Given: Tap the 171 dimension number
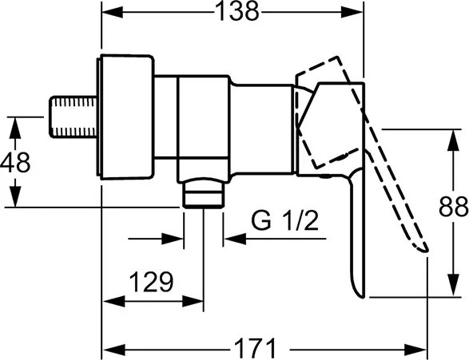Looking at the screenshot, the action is [x=255, y=348].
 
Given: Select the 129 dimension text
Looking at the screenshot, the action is [x=152, y=282].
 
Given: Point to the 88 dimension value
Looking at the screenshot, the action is [x=454, y=206].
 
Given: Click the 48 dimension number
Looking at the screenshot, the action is [x=15, y=162].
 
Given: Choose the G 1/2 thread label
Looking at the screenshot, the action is [x=284, y=220].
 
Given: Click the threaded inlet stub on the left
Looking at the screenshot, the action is [x=74, y=117].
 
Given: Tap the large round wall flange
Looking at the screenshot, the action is [x=126, y=117].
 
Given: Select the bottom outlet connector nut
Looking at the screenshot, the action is [x=204, y=192].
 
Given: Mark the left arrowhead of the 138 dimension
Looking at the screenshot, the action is [x=113, y=12].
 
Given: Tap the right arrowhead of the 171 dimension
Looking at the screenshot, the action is [x=415, y=349].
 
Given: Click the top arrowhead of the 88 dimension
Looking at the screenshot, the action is [x=454, y=140].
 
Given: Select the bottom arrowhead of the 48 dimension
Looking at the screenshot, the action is [x=15, y=196].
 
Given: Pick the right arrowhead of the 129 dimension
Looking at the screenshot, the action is [x=193, y=301].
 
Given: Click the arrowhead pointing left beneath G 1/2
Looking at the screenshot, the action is [x=235, y=239].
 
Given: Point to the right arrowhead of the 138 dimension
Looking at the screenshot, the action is [x=352, y=12].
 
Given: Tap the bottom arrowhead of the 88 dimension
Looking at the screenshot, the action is [x=454, y=286].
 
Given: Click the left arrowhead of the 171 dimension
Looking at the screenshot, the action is [x=113, y=349].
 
